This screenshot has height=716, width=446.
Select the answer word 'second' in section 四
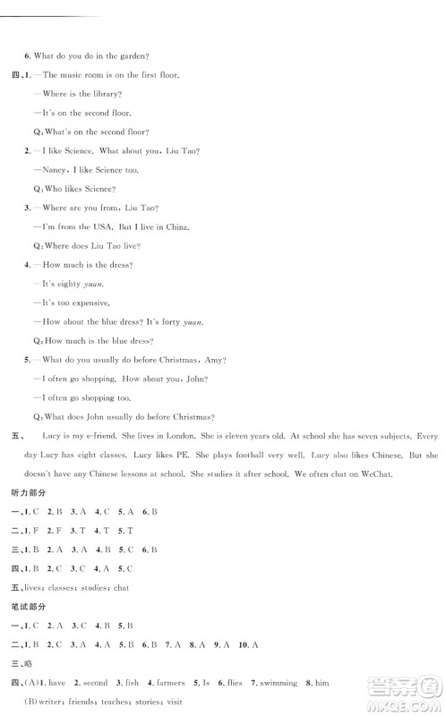(x=89, y=683)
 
